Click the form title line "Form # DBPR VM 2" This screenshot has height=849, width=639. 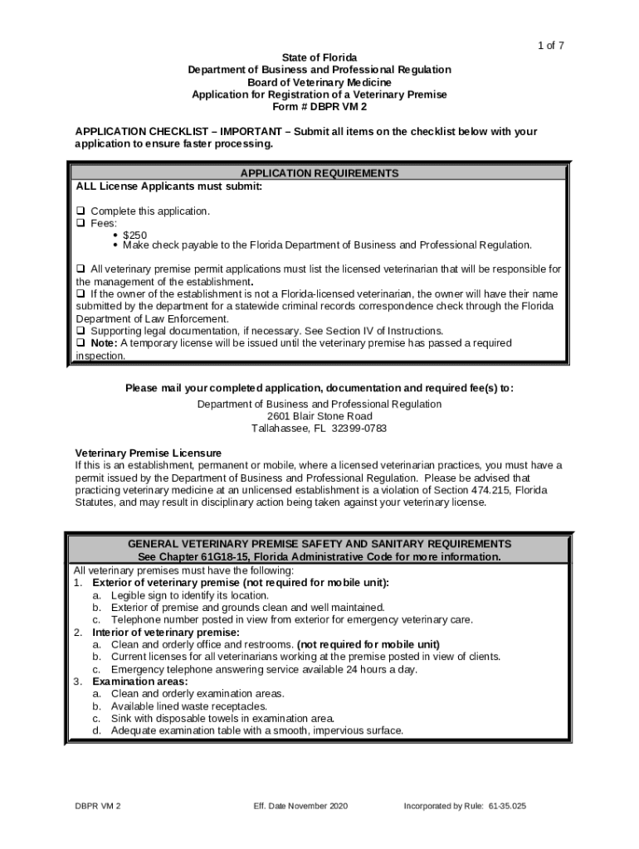pyautogui.click(x=319, y=107)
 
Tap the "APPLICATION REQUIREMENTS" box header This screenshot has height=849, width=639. pyautogui.click(x=319, y=173)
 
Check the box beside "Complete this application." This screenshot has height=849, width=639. pyautogui.click(x=80, y=211)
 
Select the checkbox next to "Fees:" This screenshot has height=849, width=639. pyautogui.click(x=80, y=224)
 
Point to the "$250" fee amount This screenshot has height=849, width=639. pyautogui.click(x=135, y=235)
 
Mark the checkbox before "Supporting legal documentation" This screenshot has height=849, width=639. pyautogui.click(x=80, y=331)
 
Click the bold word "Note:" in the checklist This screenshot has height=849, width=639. pyautogui.click(x=105, y=343)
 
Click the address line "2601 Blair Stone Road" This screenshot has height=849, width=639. pyautogui.click(x=319, y=416)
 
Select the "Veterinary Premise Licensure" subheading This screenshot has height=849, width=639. pyautogui.click(x=149, y=454)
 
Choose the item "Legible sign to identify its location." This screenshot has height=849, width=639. pyautogui.click(x=190, y=595)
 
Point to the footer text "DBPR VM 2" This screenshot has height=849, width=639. pyautogui.click(x=98, y=806)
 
